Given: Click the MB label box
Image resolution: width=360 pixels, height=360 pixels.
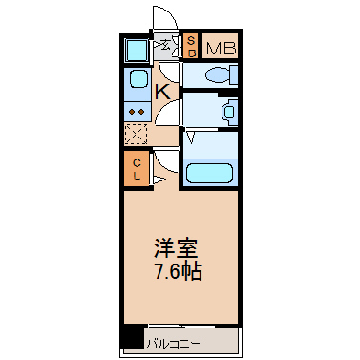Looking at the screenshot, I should [x=220, y=47].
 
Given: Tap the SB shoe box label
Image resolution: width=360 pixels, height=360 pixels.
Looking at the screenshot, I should [x=191, y=46].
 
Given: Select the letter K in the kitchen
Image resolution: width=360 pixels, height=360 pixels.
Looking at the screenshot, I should [x=161, y=92].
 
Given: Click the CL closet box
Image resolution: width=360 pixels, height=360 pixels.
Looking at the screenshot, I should [x=137, y=168].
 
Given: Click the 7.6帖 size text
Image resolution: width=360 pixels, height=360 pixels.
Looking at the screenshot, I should [x=179, y=271].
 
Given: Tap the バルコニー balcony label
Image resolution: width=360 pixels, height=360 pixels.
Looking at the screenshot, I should [x=173, y=340].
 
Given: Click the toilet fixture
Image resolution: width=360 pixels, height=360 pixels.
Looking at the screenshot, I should [x=215, y=74].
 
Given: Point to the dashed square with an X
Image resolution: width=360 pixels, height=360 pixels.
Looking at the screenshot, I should [x=137, y=136].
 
